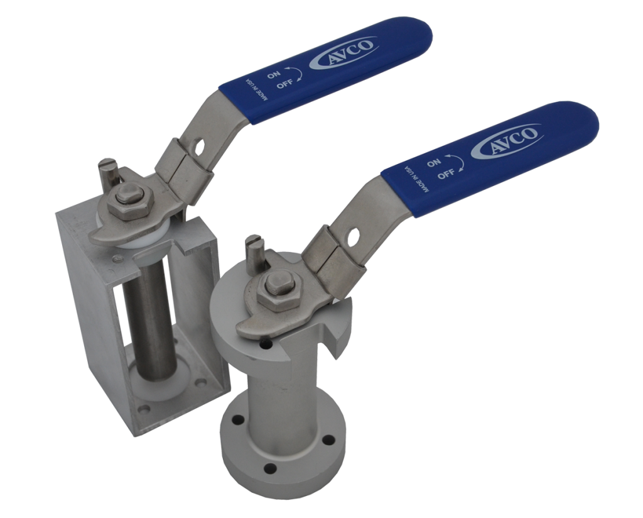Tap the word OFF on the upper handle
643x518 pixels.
284,84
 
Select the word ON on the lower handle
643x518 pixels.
434,163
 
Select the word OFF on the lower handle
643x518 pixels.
445,174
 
